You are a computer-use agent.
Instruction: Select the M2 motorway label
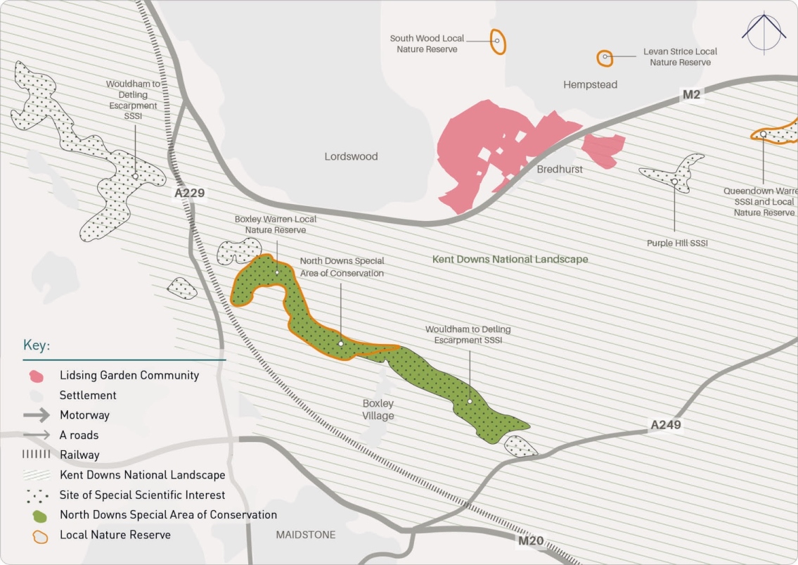[690, 94]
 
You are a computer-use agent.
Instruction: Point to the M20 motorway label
[532, 540]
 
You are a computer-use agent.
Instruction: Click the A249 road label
[665, 425]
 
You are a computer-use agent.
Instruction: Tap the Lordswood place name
[351, 156]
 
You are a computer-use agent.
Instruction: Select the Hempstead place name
[590, 84]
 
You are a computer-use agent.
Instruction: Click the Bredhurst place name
[560, 170]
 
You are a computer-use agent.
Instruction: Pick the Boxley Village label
[378, 410]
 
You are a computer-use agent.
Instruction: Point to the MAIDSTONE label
[306, 535]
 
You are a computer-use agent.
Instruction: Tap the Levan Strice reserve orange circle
[604, 58]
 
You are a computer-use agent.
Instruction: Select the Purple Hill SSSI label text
[676, 243]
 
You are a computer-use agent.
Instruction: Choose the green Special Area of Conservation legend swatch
[38, 515]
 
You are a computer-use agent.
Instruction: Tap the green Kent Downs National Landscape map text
[510, 259]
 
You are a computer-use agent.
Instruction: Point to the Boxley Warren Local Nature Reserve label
[275, 224]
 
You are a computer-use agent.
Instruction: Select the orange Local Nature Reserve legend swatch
[38, 535]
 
